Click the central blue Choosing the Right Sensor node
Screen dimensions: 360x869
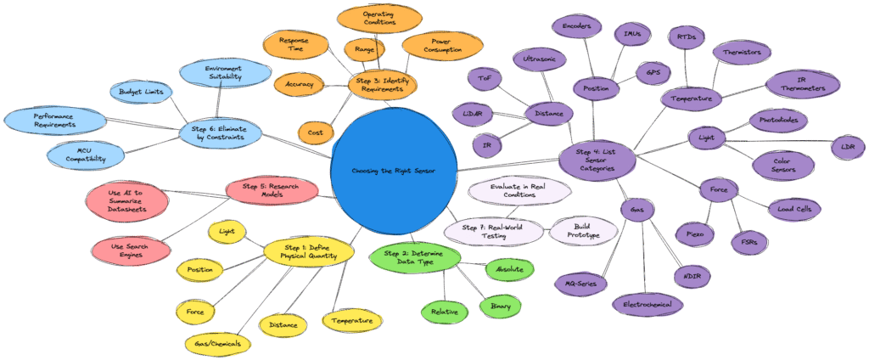[393, 170]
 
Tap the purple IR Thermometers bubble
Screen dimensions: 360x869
[802, 84]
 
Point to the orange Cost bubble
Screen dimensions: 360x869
[315, 132]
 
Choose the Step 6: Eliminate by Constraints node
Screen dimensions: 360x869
[221, 132]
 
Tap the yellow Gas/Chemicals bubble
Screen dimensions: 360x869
[218, 343]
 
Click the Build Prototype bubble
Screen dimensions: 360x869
[584, 230]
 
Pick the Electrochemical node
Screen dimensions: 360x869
[648, 304]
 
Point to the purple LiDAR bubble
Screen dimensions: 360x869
[474, 113]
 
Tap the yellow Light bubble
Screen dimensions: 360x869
[227, 230]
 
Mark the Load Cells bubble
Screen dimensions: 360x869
[793, 207]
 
